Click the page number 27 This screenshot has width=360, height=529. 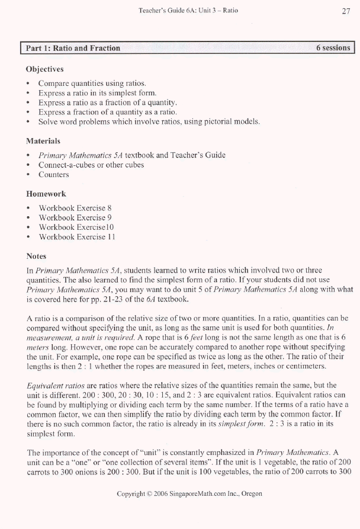346,11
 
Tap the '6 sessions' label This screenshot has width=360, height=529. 333,48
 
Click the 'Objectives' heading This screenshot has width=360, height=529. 45,69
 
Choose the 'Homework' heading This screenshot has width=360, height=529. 46,194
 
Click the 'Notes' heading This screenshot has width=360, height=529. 37,257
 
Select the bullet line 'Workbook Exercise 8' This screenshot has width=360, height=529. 75,208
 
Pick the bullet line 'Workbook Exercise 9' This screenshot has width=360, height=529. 75,217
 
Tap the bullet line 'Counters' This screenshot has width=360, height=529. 54,175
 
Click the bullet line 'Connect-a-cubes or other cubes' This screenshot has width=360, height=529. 91,165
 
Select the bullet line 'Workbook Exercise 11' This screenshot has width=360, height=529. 76,237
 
